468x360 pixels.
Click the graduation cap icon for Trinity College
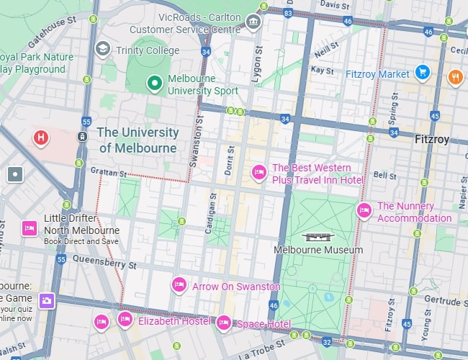tap(103, 49)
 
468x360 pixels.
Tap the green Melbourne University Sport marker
tap(153, 84)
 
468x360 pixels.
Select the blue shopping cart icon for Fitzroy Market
tap(422, 73)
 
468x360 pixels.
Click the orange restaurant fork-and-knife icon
tap(455, 76)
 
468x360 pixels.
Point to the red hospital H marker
tap(41, 137)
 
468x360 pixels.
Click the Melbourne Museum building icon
tap(318, 236)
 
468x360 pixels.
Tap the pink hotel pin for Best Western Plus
tap(258, 172)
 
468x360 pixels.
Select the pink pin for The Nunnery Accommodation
tap(364, 210)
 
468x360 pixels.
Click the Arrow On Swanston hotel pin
tap(179, 285)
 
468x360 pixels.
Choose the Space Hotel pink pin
tap(224, 323)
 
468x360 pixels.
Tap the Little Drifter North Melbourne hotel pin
tap(29, 228)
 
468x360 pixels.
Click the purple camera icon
tap(47, 300)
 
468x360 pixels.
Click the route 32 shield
tap(327, 342)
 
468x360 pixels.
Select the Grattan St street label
tap(109, 174)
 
